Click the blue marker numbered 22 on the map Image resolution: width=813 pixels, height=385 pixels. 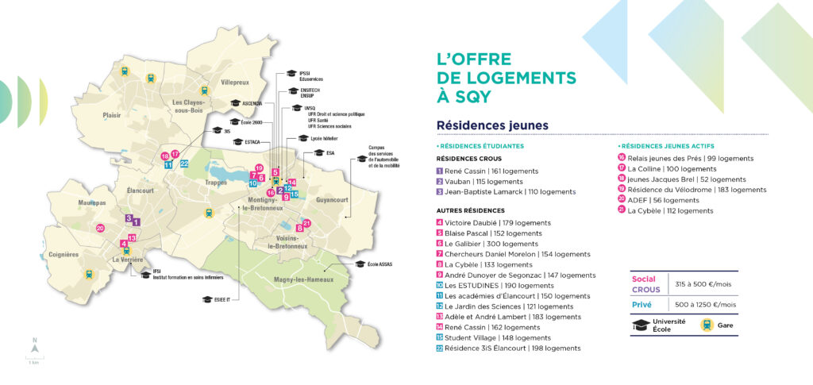point(183,164)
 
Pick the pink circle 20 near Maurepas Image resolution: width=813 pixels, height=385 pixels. point(99,229)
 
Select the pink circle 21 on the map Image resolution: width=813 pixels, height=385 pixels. point(307,224)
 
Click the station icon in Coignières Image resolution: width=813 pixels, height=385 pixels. point(89,274)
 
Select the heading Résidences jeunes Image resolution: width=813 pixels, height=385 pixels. point(492,125)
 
